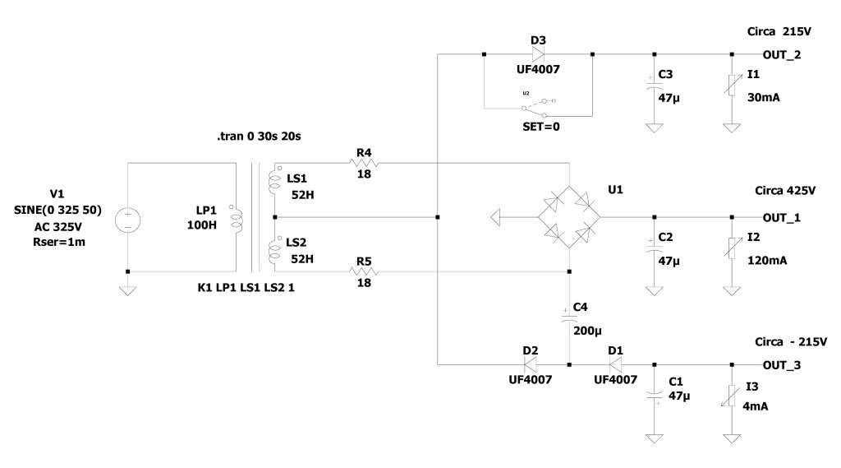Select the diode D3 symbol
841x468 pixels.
point(538,54)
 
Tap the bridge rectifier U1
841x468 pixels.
point(568,218)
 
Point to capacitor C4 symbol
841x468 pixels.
point(568,316)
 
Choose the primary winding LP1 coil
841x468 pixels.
point(237,218)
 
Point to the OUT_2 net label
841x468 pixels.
point(782,54)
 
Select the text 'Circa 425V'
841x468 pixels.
point(785,190)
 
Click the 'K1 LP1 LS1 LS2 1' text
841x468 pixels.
point(246,289)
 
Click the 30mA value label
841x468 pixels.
point(763,97)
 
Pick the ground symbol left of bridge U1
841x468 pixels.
point(495,218)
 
